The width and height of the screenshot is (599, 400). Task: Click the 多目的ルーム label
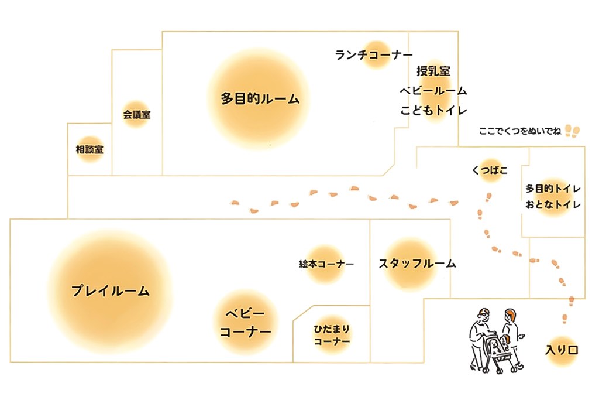[260, 98]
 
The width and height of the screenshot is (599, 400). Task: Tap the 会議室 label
[136, 115]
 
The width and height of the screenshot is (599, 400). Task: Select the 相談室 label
[90, 149]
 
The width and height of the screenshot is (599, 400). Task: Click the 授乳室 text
[433, 71]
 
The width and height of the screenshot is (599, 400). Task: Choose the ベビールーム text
[433, 91]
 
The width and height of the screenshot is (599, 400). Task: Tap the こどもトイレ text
[433, 111]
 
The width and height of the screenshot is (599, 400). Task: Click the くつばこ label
[489, 170]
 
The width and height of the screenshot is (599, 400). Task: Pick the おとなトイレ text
[552, 205]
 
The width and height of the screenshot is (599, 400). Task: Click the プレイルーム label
[111, 290]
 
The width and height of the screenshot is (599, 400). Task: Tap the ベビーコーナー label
[245, 323]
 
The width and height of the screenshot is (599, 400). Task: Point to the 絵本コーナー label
[326, 264]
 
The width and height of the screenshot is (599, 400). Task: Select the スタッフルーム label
[416, 264]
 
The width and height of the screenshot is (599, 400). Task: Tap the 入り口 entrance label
[562, 351]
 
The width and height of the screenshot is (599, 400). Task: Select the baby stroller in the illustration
[499, 353]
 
